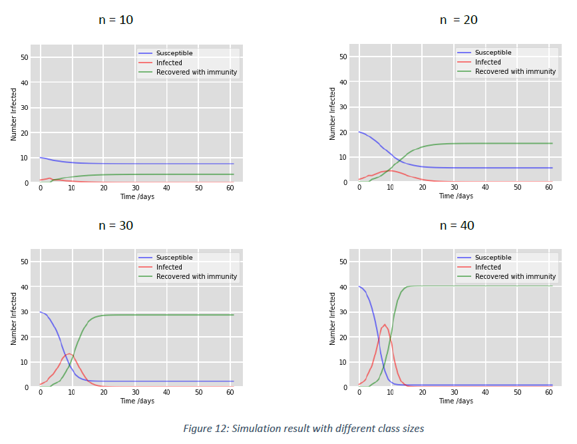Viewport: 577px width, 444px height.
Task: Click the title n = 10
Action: click(x=116, y=20)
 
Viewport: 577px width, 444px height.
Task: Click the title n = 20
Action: click(x=459, y=20)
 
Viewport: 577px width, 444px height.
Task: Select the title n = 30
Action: click(x=116, y=225)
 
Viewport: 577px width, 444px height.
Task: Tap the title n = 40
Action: click(x=458, y=225)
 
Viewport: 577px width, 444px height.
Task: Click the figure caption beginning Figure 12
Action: click(x=303, y=428)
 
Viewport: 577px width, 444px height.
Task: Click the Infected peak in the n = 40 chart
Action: click(x=385, y=325)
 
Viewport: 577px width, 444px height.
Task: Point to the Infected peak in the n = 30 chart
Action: click(x=69, y=354)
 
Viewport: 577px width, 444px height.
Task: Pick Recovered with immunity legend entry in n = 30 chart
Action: click(x=196, y=276)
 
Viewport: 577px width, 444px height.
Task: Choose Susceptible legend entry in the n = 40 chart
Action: click(x=492, y=258)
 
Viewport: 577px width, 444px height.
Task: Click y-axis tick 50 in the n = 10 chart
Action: click(x=24, y=57)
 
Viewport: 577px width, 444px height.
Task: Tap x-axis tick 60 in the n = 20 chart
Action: click(x=548, y=188)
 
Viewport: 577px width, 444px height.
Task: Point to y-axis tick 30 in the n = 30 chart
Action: click(x=24, y=312)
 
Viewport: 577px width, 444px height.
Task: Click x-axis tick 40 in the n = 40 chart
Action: click(x=485, y=393)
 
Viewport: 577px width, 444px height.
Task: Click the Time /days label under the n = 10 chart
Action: click(x=137, y=196)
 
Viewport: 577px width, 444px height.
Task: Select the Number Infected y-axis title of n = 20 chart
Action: click(x=333, y=113)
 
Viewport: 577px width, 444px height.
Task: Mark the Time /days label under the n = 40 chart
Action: click(x=456, y=401)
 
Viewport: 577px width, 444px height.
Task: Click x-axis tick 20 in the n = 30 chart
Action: click(x=103, y=393)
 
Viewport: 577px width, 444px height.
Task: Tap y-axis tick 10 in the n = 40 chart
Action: click(x=343, y=362)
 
